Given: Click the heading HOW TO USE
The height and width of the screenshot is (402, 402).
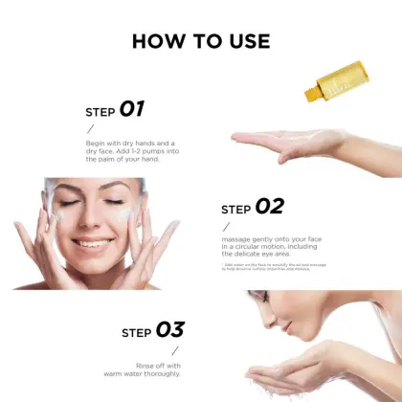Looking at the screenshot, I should (x=201, y=41).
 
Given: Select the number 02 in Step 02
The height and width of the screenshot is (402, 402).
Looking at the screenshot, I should (x=269, y=206).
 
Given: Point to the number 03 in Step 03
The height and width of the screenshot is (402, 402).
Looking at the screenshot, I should (x=169, y=330).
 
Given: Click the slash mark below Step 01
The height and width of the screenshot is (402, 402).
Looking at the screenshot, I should (x=90, y=128).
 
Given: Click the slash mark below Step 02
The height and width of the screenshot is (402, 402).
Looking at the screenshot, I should (x=226, y=227).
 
